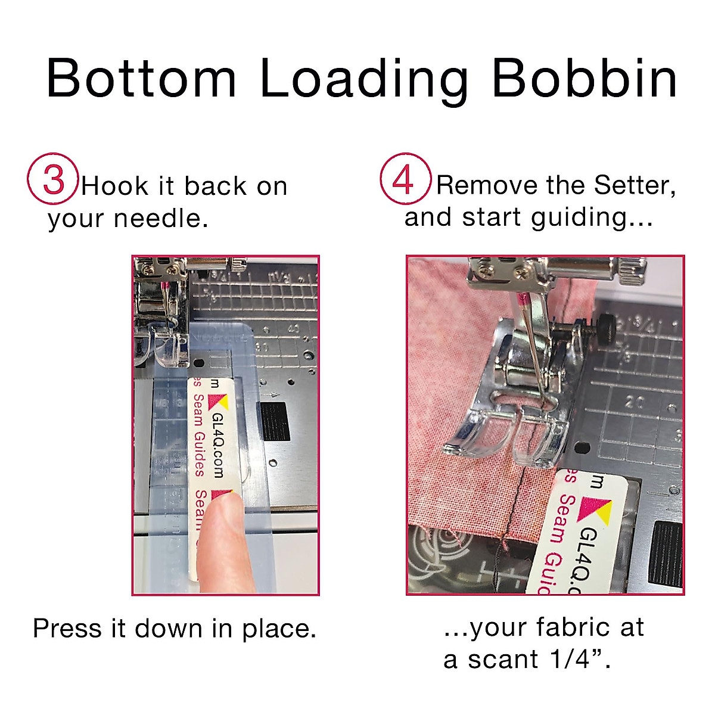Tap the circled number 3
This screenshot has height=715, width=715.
(x=53, y=179)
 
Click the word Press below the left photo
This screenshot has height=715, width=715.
(x=66, y=629)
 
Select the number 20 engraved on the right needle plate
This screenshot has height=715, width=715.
(x=634, y=402)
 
